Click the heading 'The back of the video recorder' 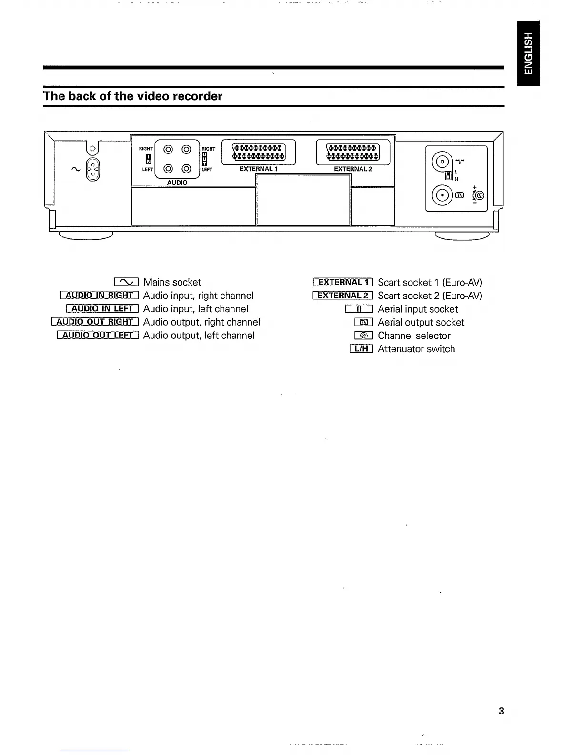click(x=133, y=96)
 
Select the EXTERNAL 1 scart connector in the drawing click(x=259, y=151)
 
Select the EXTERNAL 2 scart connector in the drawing click(x=353, y=151)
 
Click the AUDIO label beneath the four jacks click(x=177, y=183)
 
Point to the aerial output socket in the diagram click(x=441, y=195)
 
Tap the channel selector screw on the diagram click(x=478, y=195)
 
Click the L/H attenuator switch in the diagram click(x=448, y=175)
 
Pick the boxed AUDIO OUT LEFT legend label click(x=98, y=336)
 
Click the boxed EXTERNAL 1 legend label click(x=343, y=282)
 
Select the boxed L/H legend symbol click(x=361, y=349)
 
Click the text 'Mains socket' click(x=172, y=282)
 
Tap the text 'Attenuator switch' click(x=416, y=349)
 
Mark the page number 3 click(x=501, y=711)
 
